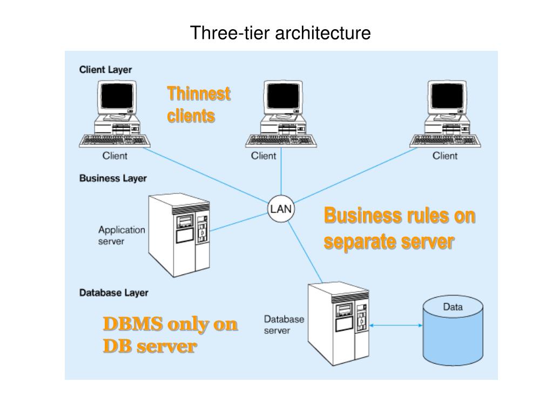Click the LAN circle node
pyautogui.click(x=281, y=209)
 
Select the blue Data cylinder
pyautogui.click(x=453, y=330)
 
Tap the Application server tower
pyautogui.click(x=179, y=235)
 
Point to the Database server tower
pyautogui.click(x=338, y=324)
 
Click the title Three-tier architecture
pyautogui.click(x=280, y=33)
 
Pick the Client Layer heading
pyautogui.click(x=105, y=70)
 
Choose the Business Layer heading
pyautogui.click(x=113, y=178)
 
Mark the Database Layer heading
pyautogui.click(x=113, y=293)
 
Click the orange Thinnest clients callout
pyautogui.click(x=199, y=105)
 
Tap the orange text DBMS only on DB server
pyautogui.click(x=170, y=334)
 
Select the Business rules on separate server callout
pyautogui.click(x=400, y=229)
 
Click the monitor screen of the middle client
pyautogui.click(x=283, y=96)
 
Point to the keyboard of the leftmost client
pyautogui.click(x=114, y=141)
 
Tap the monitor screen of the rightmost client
pyautogui.click(x=447, y=96)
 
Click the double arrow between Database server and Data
pyautogui.click(x=396, y=325)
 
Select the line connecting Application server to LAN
pyautogui.click(x=239, y=222)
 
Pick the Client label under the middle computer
pyautogui.click(x=264, y=156)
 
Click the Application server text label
pyautogui.click(x=122, y=236)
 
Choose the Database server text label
pyautogui.click(x=284, y=325)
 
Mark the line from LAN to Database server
pyautogui.click(x=305, y=252)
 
